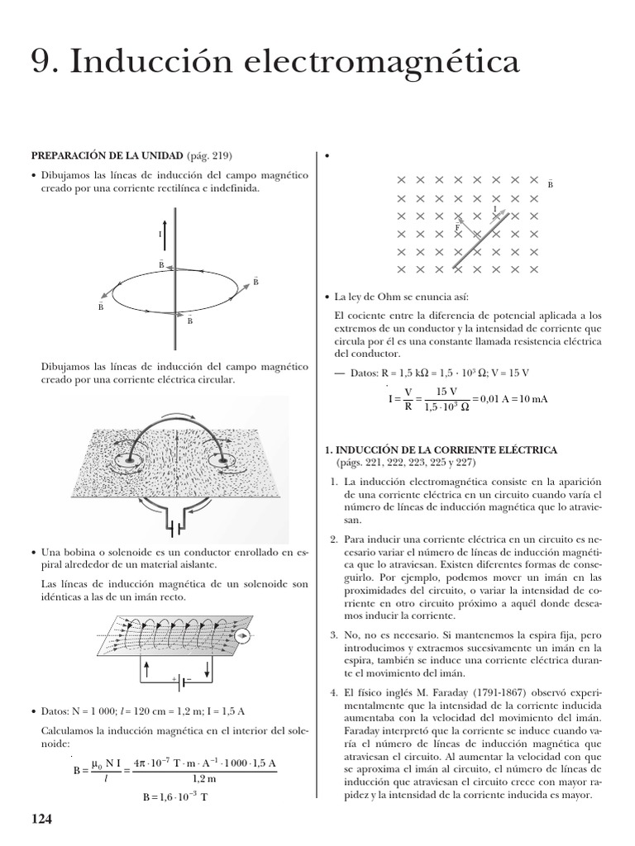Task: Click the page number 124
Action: (x=41, y=820)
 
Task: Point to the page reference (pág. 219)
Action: (x=210, y=155)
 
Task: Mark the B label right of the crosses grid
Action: (x=551, y=184)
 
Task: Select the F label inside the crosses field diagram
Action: (x=457, y=226)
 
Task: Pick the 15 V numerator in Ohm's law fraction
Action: (x=447, y=391)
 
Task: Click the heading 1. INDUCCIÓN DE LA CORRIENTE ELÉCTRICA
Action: (x=441, y=449)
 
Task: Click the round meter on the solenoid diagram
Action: (x=242, y=635)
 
